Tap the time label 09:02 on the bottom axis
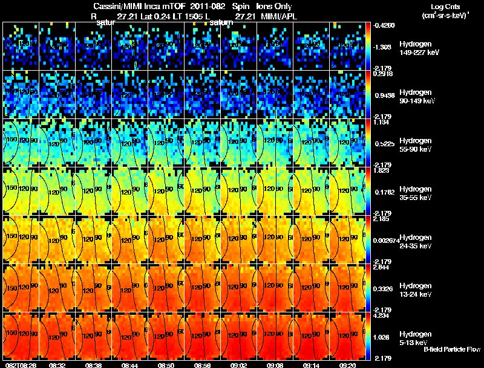coord(239,365)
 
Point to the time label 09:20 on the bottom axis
coord(348,365)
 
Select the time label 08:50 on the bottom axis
coord(166,365)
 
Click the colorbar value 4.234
coord(381,315)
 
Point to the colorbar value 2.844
coord(381,267)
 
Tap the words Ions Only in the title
coord(274,7)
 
